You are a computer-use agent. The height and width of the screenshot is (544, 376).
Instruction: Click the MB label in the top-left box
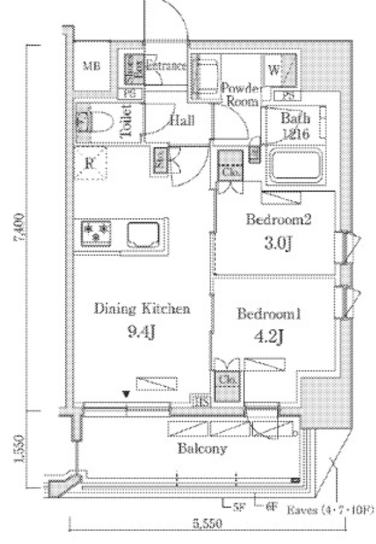coord(91,67)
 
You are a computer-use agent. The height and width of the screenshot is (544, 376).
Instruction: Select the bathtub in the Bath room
coord(296,166)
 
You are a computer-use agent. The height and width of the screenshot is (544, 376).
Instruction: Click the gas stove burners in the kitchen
coord(97,233)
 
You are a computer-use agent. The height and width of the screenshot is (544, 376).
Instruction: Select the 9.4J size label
coord(142,332)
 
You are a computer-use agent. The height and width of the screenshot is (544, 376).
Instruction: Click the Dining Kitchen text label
coord(142,309)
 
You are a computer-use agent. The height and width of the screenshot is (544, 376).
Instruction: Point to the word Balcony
coord(202,449)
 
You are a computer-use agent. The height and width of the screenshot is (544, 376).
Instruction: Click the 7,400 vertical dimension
coord(20,228)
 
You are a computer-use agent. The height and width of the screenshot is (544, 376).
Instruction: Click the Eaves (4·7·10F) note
coord(330,511)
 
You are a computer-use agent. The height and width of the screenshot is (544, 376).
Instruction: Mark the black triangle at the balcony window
coord(126,394)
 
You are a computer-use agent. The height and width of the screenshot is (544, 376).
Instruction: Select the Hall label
coord(182,120)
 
